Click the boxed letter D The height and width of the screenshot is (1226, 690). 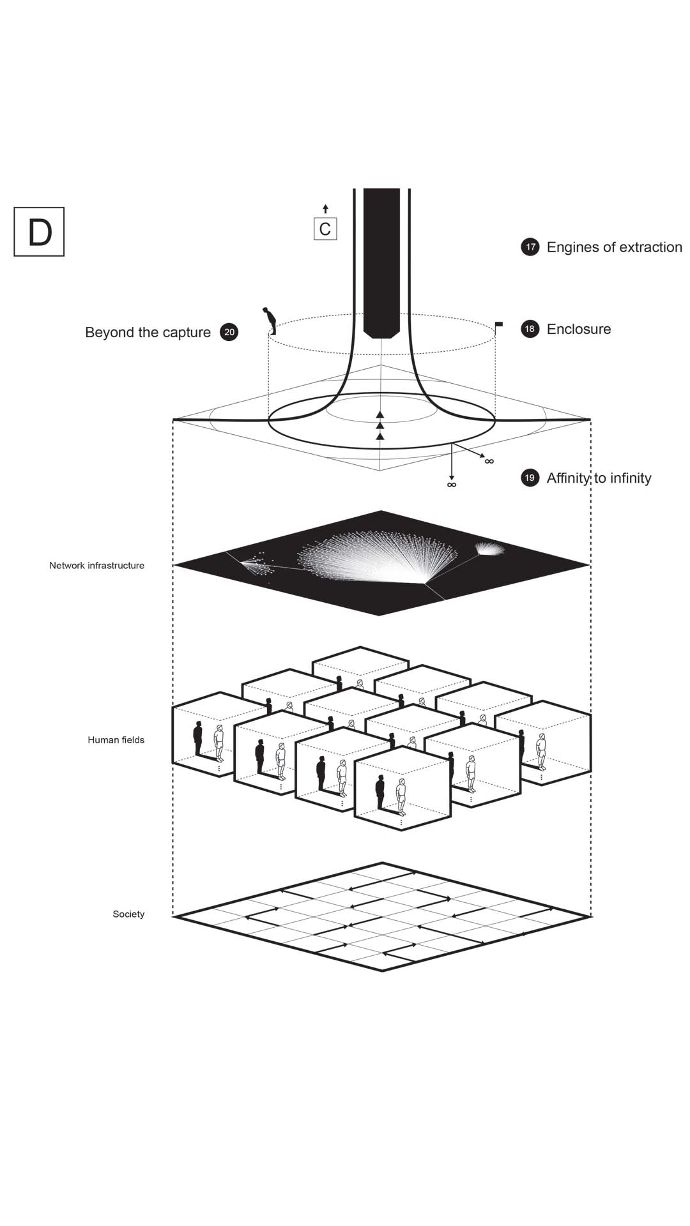click(39, 232)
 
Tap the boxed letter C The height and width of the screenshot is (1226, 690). click(325, 229)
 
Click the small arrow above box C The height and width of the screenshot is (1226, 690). click(325, 209)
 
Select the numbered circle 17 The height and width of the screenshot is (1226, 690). click(530, 247)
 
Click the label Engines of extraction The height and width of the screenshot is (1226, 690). click(614, 247)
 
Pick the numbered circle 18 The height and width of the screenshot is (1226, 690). click(530, 329)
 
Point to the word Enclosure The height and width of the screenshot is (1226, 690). click(579, 329)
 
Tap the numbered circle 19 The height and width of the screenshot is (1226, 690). click(530, 478)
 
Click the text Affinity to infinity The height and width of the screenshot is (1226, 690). click(599, 478)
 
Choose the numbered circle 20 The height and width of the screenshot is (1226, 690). click(229, 332)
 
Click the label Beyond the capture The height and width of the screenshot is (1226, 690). click(148, 332)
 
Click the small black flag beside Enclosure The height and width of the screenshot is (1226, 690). click(498, 325)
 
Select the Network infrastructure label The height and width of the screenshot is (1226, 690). click(96, 565)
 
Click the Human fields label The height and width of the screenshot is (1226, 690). click(116, 740)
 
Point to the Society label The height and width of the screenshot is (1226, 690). click(128, 914)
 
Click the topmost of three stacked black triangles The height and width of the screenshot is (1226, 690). click(380, 414)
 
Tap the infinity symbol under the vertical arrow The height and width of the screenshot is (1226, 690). click(452, 485)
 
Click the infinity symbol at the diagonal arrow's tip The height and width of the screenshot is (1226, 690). click(489, 461)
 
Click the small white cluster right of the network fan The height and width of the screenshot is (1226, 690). click(490, 548)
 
